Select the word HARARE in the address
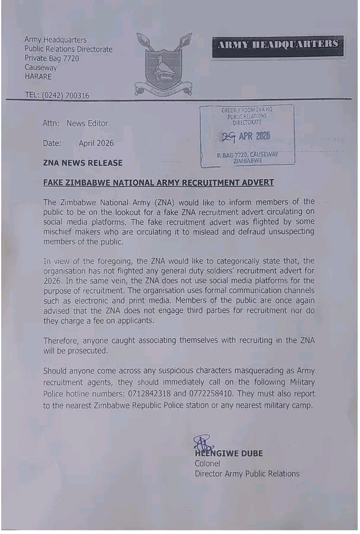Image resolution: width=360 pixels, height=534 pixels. pyautogui.click(x=38, y=77)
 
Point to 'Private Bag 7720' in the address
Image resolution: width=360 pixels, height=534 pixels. pyautogui.click(x=52, y=58)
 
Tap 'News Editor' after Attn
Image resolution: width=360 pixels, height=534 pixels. pyautogui.click(x=87, y=123)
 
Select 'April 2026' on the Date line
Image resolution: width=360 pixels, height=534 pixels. pyautogui.click(x=96, y=143)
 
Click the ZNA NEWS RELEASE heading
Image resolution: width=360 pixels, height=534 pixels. pyautogui.click(x=83, y=163)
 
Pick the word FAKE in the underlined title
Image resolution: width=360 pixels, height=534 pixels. pyautogui.click(x=54, y=182)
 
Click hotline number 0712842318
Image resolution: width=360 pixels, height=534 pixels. pyautogui.click(x=181, y=394)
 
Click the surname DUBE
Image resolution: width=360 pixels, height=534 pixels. pyautogui.click(x=251, y=453)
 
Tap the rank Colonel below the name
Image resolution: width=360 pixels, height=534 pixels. pyautogui.click(x=208, y=463)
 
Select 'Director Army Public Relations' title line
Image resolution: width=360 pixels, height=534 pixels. pyautogui.click(x=247, y=473)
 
